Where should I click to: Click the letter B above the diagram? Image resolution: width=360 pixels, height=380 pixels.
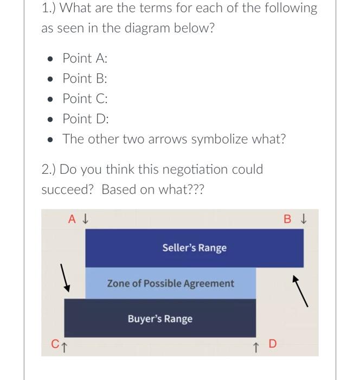[288, 220]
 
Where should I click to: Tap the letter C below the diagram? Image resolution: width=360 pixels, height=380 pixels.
[55, 344]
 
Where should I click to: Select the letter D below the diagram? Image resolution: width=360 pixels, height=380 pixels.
[272, 344]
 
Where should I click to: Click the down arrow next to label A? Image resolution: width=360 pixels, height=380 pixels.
[85, 220]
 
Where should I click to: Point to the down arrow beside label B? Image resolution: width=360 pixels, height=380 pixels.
[304, 220]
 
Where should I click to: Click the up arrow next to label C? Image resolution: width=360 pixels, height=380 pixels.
[63, 344]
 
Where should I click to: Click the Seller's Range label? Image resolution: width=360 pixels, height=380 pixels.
[194, 248]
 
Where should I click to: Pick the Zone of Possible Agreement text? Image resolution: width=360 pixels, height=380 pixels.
[170, 283]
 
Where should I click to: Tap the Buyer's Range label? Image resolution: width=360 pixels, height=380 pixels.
[160, 319]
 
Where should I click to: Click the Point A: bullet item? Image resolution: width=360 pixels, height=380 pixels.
[85, 58]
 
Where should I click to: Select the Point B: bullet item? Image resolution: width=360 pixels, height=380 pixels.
[85, 78]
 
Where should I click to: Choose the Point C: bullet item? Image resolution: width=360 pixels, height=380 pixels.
[85, 98]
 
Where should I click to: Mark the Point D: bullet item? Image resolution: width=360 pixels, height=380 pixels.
[86, 118]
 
